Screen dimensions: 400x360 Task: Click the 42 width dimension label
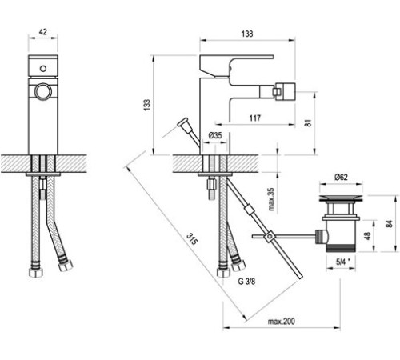pyautogui.click(x=43, y=32)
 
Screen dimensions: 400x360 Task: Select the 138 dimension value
pyautogui.click(x=247, y=34)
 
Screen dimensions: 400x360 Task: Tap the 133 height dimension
pyautogui.click(x=147, y=105)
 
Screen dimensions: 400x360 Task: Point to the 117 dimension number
pyautogui.click(x=255, y=118)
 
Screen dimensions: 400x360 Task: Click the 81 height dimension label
pyautogui.click(x=308, y=123)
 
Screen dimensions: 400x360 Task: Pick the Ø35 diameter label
pyautogui.click(x=215, y=135)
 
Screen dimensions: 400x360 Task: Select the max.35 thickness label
pyautogui.click(x=271, y=199)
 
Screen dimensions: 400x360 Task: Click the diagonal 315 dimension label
pyautogui.click(x=192, y=239)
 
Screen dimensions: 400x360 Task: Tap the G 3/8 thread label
pyautogui.click(x=246, y=282)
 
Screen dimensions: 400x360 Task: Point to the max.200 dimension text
pyautogui.click(x=282, y=322)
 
